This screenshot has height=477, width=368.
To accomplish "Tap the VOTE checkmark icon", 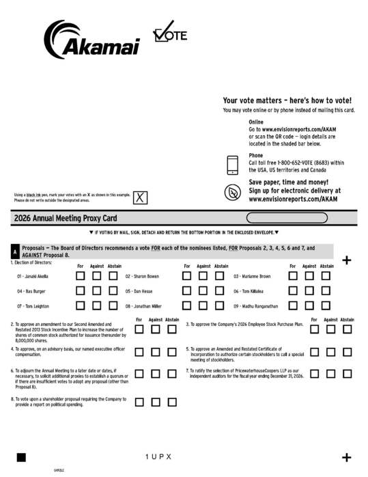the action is pyautogui.click(x=169, y=33).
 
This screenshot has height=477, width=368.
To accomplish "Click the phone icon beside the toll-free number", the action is pyautogui.click(x=233, y=165).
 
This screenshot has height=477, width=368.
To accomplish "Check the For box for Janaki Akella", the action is pyautogui.click(x=81, y=276).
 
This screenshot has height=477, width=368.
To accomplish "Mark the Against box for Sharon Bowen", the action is pyautogui.click(x=203, y=276).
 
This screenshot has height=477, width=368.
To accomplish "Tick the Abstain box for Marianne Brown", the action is pyautogui.click(x=326, y=276).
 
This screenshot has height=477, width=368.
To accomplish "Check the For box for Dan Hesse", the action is pyautogui.click(x=187, y=290).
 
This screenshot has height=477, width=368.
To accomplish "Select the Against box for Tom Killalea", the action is pyautogui.click(x=309, y=290).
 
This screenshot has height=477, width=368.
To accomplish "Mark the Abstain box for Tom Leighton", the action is pyautogui.click(x=113, y=305).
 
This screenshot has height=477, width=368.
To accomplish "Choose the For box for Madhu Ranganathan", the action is pyautogui.click(x=293, y=305).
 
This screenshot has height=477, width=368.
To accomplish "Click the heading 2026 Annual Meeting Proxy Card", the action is pyautogui.click(x=65, y=218).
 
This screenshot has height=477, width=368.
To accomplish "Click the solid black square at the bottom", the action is pyautogui.click(x=21, y=456).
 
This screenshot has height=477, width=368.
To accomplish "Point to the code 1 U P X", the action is pyautogui.click(x=158, y=456).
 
